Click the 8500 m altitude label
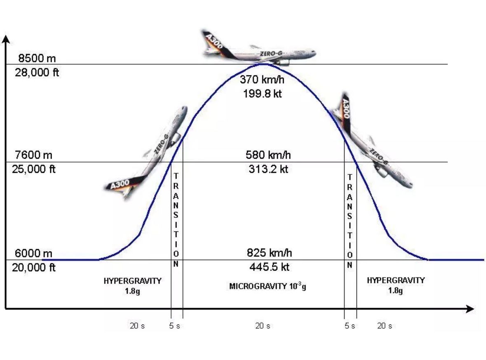click(37, 58)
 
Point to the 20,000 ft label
click(34, 268)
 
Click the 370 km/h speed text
click(262, 80)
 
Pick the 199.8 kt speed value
click(262, 94)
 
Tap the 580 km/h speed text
click(268, 155)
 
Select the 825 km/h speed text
click(269, 253)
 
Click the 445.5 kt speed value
click(269, 267)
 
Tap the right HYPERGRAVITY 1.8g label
click(395, 285)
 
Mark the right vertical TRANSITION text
click(350, 221)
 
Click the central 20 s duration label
click(263, 326)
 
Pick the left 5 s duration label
click(175, 326)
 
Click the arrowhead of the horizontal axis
click(470, 309)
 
